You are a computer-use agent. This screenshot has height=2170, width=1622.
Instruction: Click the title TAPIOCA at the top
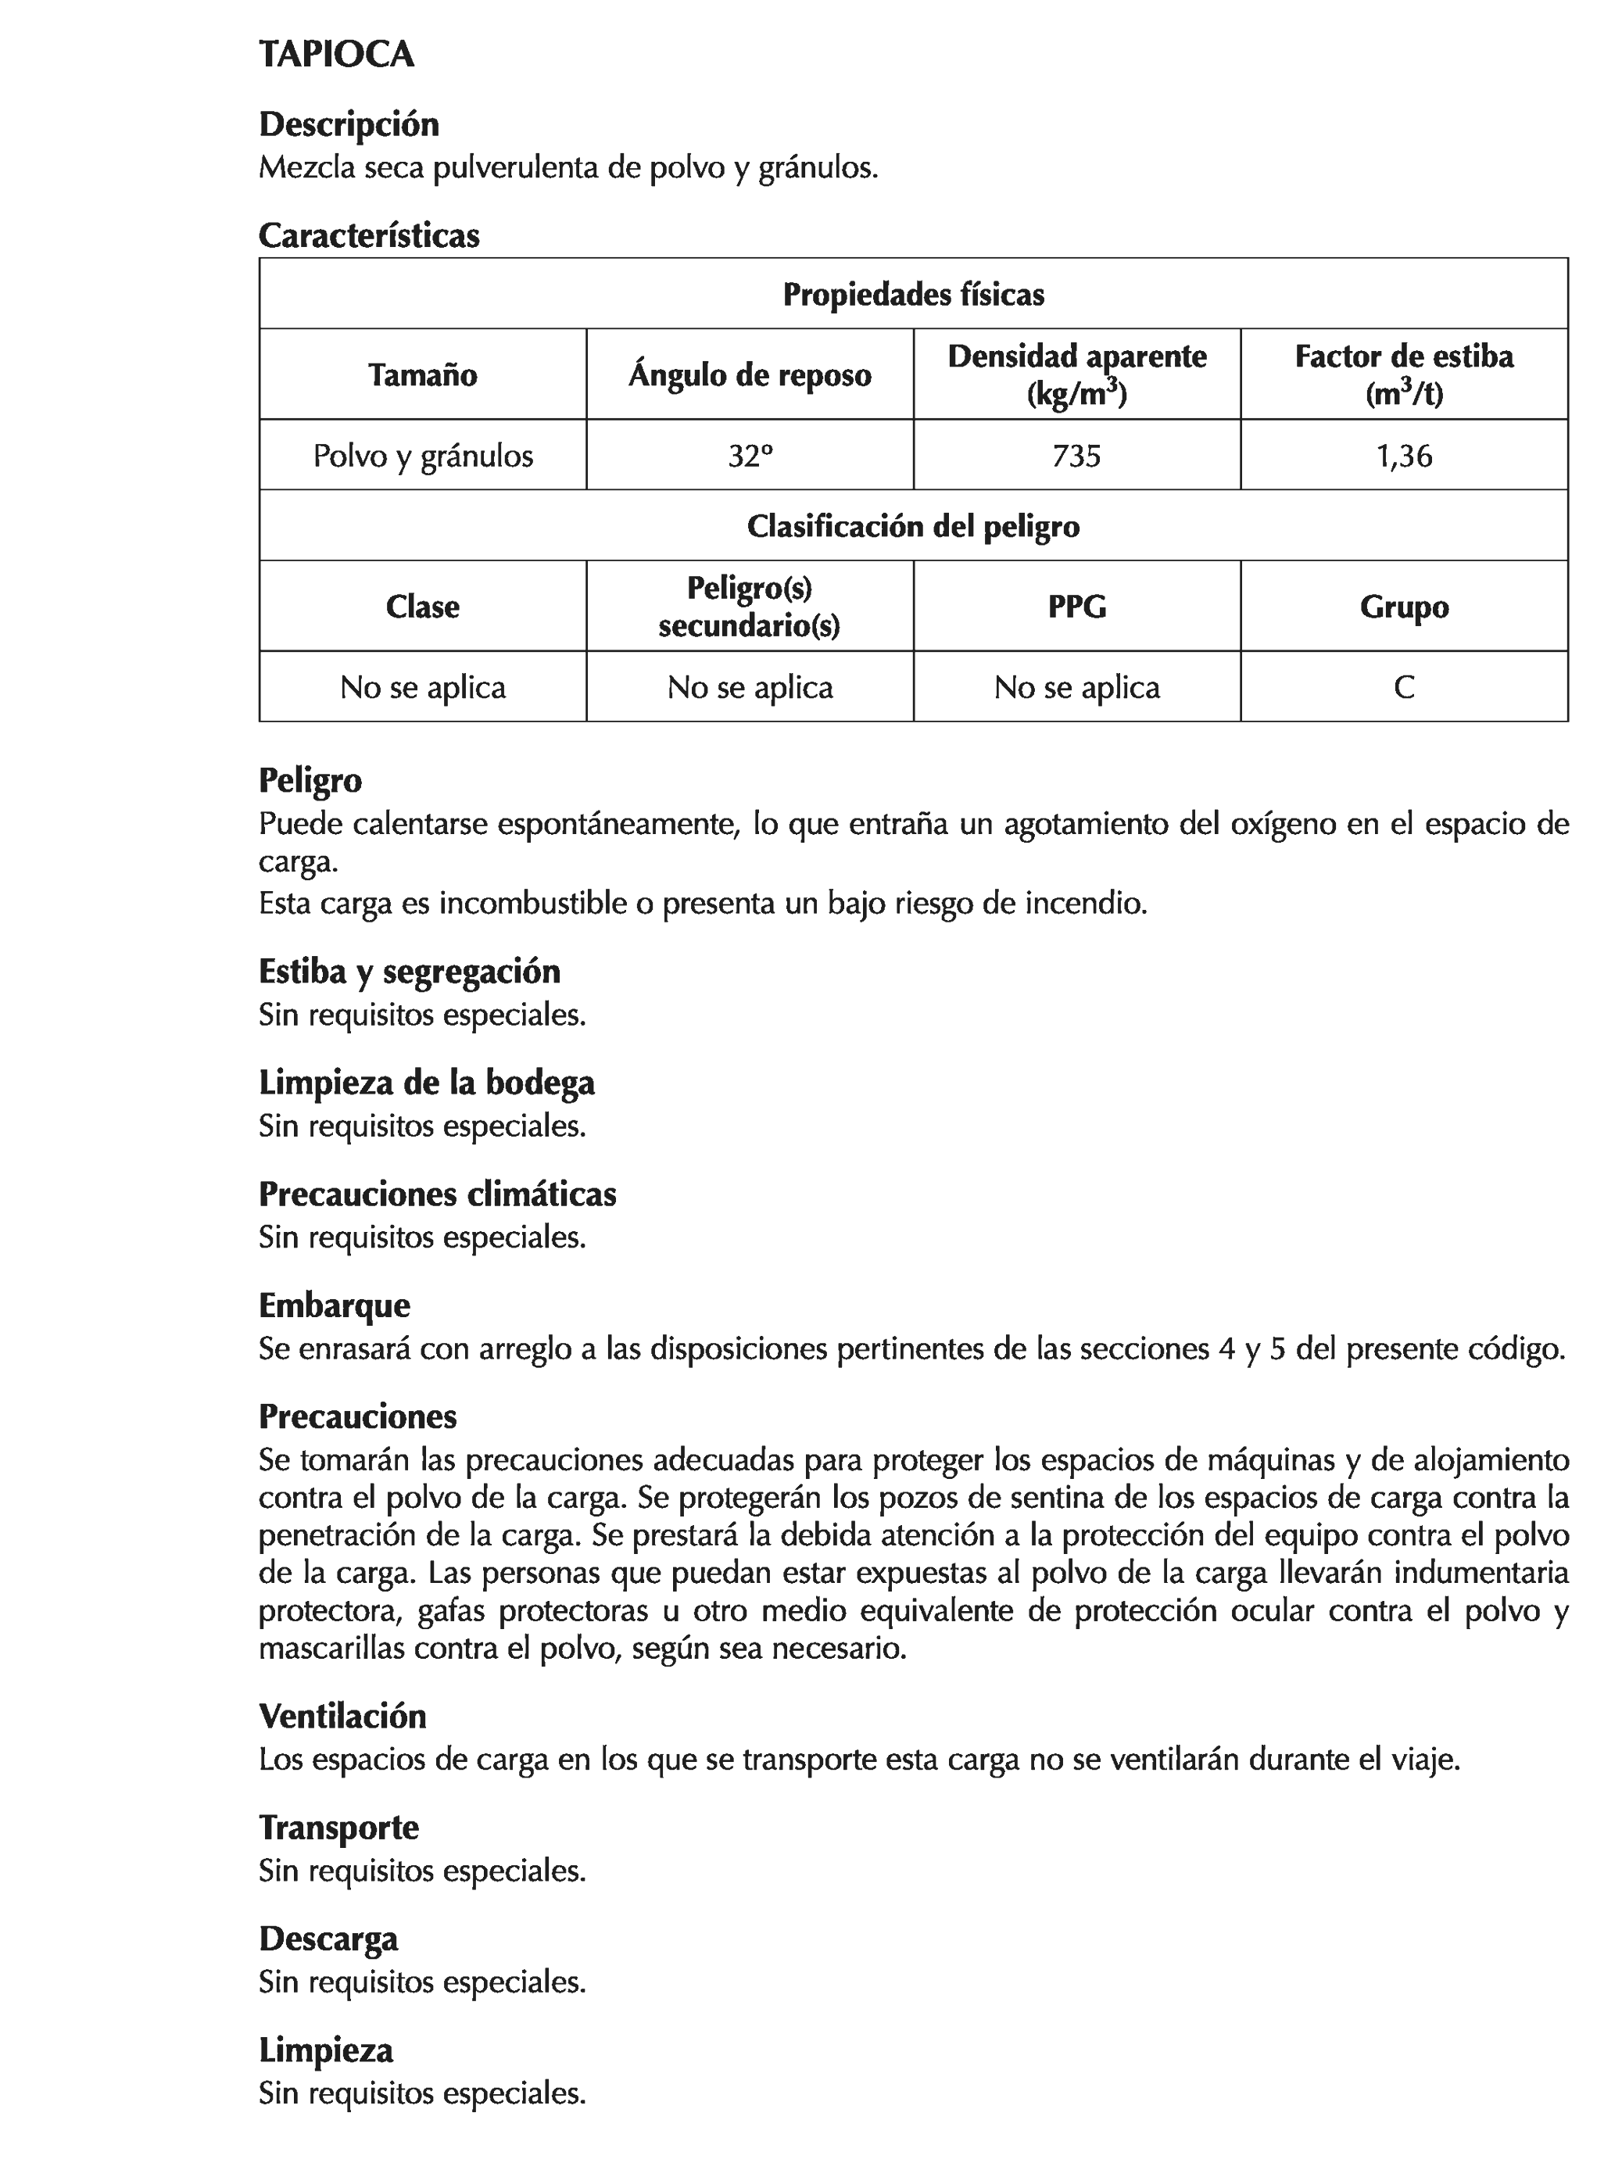click(335, 55)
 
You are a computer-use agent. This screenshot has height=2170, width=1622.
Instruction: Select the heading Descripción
click(349, 124)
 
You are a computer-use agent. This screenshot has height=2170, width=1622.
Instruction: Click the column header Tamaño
click(422, 374)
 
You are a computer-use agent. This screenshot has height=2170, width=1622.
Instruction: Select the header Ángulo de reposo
click(750, 374)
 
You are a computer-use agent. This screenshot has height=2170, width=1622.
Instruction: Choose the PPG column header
click(1076, 607)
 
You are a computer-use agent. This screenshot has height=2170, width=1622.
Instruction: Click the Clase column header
click(422, 607)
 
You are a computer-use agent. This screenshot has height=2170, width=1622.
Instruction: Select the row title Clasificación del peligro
click(912, 527)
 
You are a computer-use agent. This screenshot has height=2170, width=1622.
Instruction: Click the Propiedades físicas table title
click(912, 294)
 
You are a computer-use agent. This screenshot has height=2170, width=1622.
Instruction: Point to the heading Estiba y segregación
click(409, 971)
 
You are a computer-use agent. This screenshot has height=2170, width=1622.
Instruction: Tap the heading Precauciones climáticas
click(437, 1194)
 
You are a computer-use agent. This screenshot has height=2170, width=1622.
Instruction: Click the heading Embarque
click(334, 1305)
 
